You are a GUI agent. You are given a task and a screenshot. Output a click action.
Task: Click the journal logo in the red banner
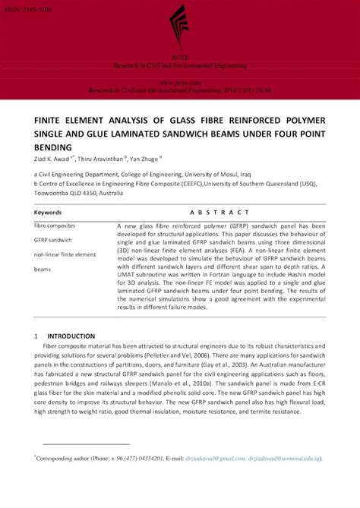point(179,29)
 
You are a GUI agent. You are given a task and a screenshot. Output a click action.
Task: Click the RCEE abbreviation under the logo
point(180,59)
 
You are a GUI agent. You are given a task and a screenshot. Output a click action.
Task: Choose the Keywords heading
point(48,213)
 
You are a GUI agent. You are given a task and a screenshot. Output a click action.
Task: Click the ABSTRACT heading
point(220,213)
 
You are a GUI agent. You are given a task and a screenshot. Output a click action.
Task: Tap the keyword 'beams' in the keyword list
point(42,269)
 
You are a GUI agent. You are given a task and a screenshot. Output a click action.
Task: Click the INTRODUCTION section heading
point(71,336)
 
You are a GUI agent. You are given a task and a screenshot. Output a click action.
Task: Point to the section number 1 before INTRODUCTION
point(36,336)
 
